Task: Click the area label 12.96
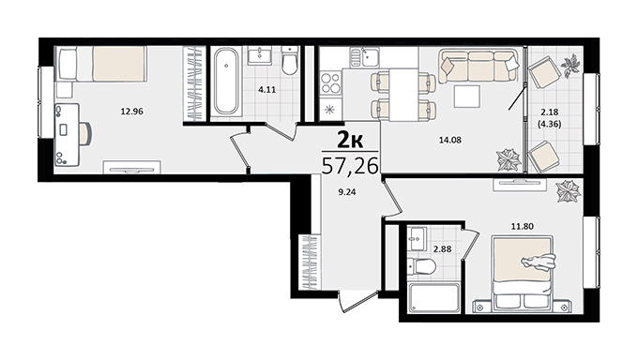(132, 111)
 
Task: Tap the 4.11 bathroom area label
(266, 89)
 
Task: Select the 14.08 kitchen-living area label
(450, 140)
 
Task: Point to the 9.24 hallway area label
(347, 192)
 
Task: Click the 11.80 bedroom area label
(523, 226)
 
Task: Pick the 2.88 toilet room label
(442, 248)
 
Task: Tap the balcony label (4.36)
(549, 124)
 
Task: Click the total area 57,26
(350, 166)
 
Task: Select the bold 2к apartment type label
(350, 141)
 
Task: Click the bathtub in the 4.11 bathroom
(226, 82)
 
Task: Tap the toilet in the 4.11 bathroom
(290, 60)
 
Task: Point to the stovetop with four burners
(330, 82)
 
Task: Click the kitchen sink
(365, 57)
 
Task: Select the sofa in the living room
(478, 66)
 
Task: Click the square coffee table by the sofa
(467, 97)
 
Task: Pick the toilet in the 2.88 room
(422, 267)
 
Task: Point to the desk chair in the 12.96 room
(86, 133)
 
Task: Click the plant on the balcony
(570, 65)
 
